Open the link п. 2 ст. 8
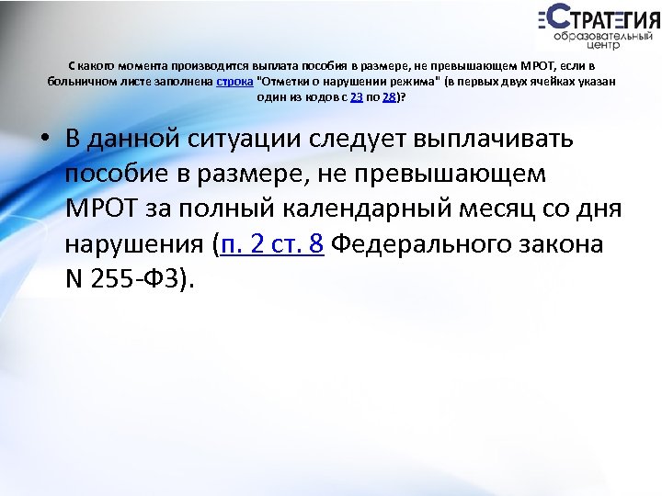tap(272, 245)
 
